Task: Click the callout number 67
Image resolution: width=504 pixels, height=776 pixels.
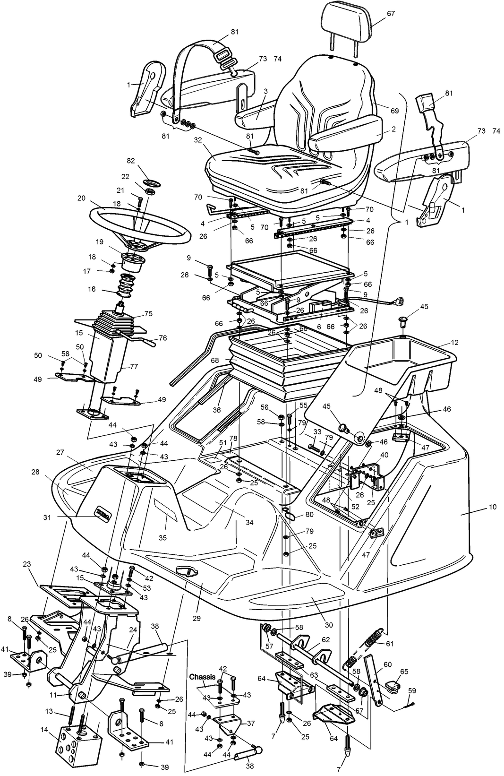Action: click(x=391, y=14)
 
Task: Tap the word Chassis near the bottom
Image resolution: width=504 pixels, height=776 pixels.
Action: click(x=203, y=677)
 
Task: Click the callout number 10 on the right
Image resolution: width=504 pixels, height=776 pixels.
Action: click(x=492, y=507)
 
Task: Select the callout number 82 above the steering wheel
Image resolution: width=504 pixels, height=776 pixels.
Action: click(x=131, y=161)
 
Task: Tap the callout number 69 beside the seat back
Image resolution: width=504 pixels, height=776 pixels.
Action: click(x=394, y=111)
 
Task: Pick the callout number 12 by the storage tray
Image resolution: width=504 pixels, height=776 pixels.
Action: click(x=454, y=342)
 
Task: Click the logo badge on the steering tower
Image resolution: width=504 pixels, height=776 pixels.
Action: click(x=103, y=512)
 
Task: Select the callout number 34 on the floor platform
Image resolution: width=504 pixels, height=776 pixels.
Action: click(x=249, y=522)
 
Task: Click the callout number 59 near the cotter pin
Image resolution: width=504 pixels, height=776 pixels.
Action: click(x=412, y=690)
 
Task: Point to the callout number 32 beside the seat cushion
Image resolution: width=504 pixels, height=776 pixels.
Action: click(x=197, y=140)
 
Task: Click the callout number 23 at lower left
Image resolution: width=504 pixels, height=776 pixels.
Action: click(x=26, y=564)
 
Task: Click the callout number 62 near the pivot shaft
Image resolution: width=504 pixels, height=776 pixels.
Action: click(x=326, y=640)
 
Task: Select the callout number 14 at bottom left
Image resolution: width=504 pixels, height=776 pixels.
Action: click(x=44, y=729)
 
